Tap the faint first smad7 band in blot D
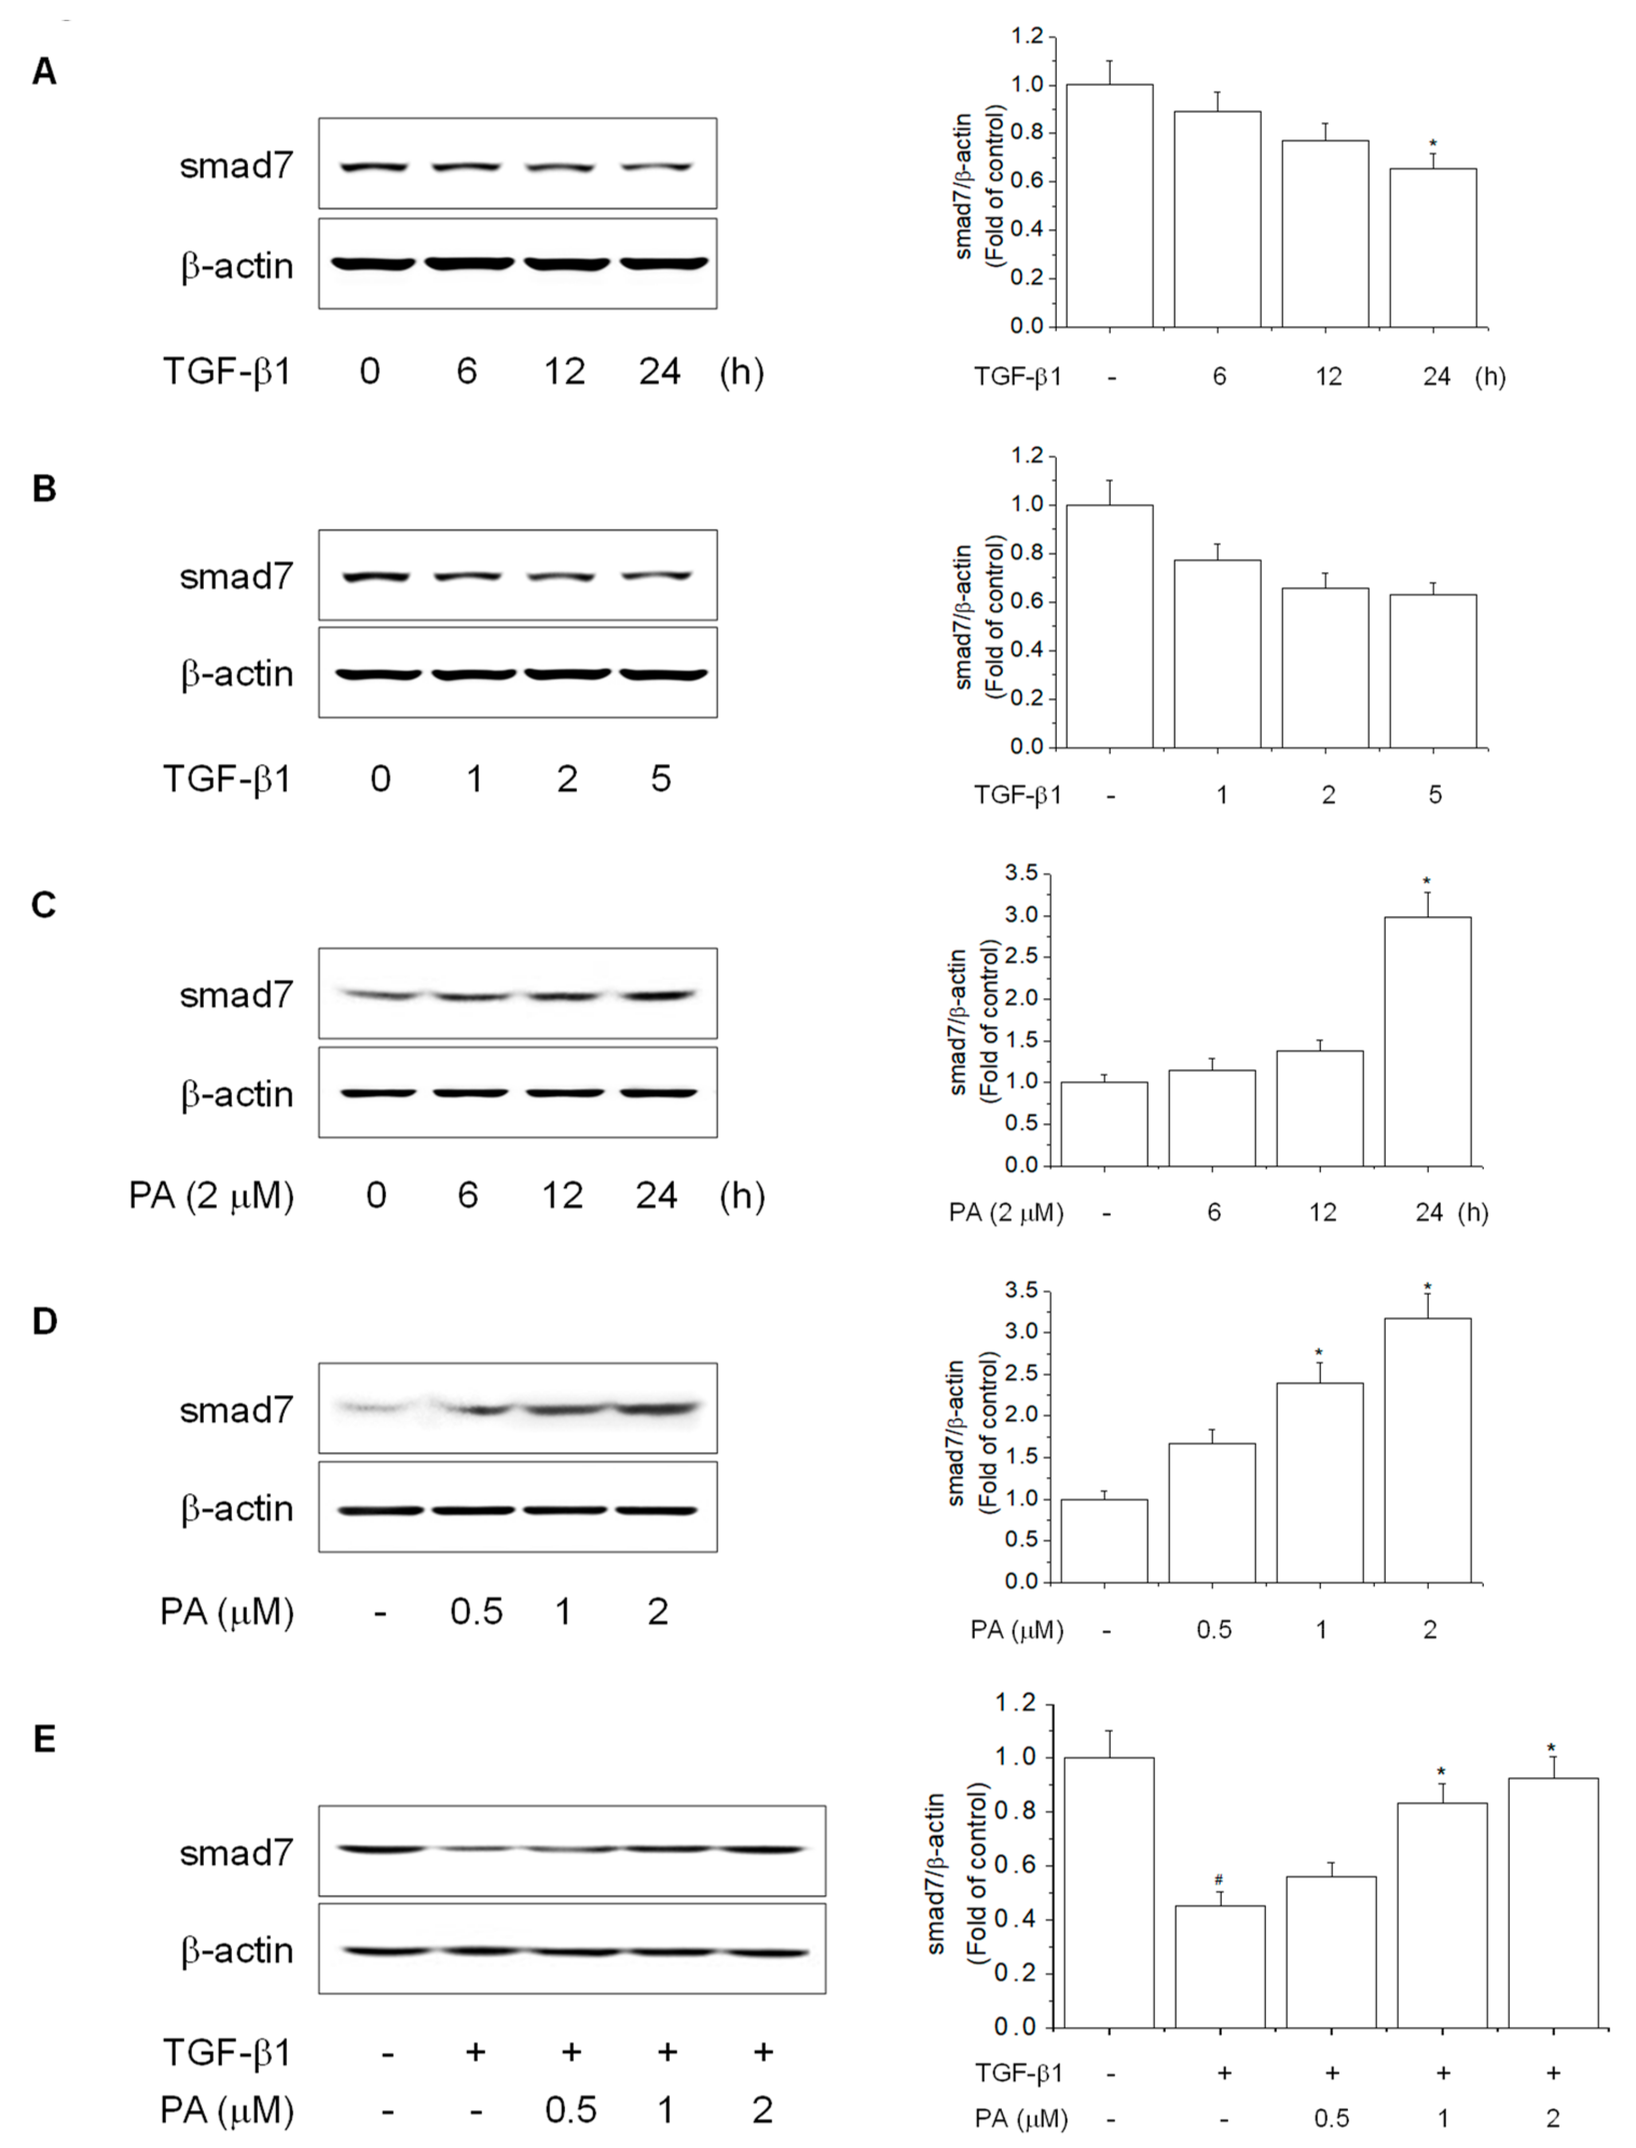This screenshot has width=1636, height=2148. coord(375,1407)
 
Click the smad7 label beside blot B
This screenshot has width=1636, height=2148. coord(236,576)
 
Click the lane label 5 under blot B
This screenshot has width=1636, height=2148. coord(660,779)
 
